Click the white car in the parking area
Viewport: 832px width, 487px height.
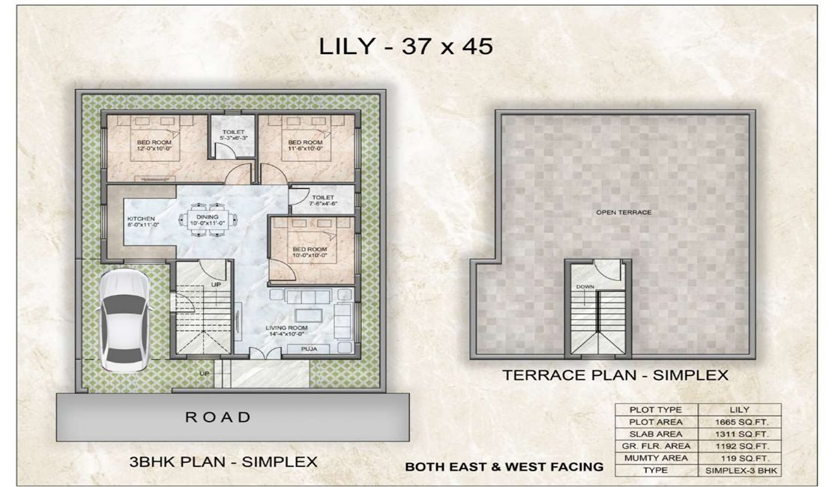(x=124, y=321)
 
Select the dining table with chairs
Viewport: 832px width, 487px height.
(x=208, y=219)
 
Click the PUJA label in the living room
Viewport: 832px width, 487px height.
(x=309, y=349)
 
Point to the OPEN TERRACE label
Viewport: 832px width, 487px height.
(x=624, y=212)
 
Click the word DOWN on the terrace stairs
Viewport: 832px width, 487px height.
(x=585, y=287)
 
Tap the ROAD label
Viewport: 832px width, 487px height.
(x=218, y=417)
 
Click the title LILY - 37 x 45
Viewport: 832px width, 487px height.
(x=406, y=46)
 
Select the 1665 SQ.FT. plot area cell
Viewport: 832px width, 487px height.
(x=740, y=423)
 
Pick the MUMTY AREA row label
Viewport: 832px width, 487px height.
(x=657, y=458)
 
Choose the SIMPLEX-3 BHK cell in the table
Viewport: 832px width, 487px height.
(x=741, y=471)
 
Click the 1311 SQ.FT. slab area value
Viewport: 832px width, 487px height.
(x=740, y=434)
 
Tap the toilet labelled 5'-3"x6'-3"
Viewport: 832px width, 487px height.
(x=233, y=136)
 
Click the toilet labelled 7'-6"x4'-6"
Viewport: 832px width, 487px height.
(x=323, y=199)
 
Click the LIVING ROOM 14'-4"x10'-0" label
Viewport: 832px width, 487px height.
(x=286, y=331)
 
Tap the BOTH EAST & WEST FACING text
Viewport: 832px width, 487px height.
(x=504, y=467)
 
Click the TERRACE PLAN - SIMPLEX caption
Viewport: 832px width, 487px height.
(x=615, y=375)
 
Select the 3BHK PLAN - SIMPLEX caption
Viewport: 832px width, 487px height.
(x=223, y=462)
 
